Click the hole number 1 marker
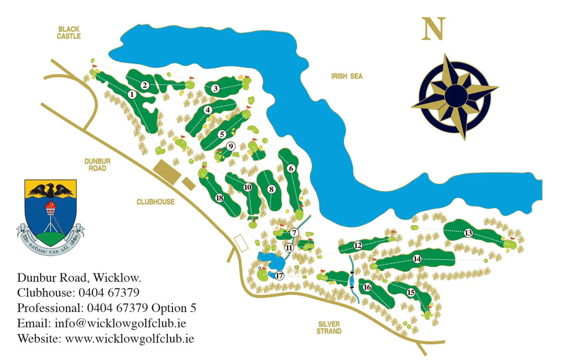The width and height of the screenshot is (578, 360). (x=132, y=94)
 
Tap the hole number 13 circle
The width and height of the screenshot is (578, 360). (x=468, y=233)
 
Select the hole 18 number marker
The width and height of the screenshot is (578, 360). (x=219, y=198)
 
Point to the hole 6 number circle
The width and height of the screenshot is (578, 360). (x=291, y=168)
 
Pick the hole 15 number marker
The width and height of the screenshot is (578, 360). (x=411, y=293)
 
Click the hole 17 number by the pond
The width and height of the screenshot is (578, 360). (x=279, y=275)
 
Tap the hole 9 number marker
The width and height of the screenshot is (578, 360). (x=230, y=146)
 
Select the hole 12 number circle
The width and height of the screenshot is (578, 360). (x=358, y=245)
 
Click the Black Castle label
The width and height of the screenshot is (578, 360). (x=69, y=33)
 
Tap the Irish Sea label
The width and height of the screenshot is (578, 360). (x=346, y=76)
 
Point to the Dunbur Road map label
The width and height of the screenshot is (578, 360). (x=97, y=165)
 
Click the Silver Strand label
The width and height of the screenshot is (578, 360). (x=329, y=328)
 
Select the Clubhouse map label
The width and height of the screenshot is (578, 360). (x=155, y=202)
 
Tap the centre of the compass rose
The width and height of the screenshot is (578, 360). (x=455, y=95)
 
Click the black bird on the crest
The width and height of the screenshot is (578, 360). (x=50, y=190)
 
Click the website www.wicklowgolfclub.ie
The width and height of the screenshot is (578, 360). (x=129, y=339)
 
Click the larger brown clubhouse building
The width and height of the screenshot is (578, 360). (x=167, y=172)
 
